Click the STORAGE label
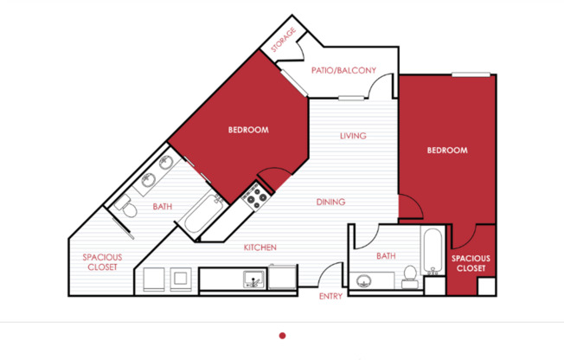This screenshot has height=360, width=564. (283, 40)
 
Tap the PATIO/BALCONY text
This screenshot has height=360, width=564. (343, 70)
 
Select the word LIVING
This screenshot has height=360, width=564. (353, 136)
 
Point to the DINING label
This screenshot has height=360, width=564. (330, 202)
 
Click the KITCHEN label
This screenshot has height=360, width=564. (260, 247)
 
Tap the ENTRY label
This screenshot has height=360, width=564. (330, 296)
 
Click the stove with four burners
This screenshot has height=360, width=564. (256, 197)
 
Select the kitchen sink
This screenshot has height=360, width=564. (254, 280)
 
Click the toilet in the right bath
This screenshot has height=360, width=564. (410, 277)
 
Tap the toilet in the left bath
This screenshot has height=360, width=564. (125, 206)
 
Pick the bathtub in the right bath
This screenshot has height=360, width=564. (433, 251)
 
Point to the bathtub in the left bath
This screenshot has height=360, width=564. (202, 215)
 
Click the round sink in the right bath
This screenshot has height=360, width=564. (364, 280)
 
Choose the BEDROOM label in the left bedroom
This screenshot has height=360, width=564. (248, 130)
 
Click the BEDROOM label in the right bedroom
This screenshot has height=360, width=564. (447, 150)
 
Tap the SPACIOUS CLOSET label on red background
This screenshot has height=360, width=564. (471, 263)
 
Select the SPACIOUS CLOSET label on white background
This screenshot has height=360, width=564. (103, 262)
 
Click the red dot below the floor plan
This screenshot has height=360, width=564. (282, 336)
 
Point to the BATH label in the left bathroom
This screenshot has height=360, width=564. (163, 207)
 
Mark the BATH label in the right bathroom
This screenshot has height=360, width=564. (386, 256)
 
